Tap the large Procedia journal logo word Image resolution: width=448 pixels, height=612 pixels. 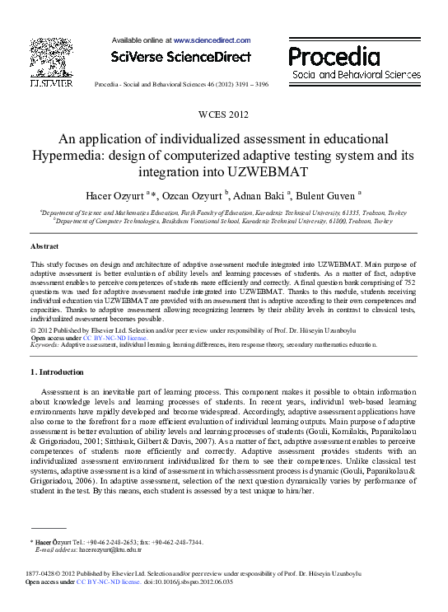click(334, 57)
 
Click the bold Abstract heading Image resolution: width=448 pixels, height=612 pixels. click(44, 246)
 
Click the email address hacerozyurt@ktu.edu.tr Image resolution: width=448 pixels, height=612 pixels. click(89, 549)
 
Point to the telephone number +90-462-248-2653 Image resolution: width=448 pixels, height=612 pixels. click(115, 542)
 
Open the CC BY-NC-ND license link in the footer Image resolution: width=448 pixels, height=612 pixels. click(106, 582)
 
